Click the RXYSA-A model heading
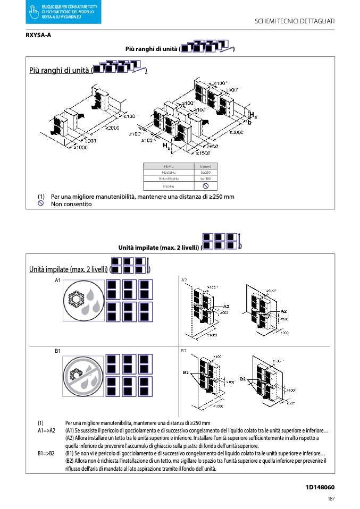point(38,36)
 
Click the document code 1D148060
point(320,487)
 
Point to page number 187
point(331,499)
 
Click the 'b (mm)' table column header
point(205,167)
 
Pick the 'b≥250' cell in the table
point(205,173)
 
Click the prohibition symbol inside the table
point(205,186)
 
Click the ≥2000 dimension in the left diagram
point(112,128)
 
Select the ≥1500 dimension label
point(203,153)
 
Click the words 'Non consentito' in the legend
point(71,204)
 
